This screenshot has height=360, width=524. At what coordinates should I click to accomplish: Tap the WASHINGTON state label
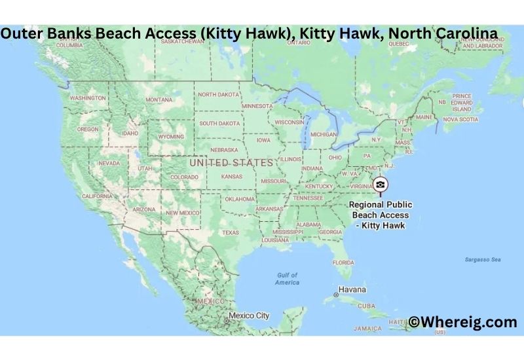click(x=87, y=98)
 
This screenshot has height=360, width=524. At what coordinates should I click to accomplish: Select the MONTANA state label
click(x=159, y=99)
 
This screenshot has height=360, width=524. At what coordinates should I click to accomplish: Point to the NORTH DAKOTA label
click(x=218, y=94)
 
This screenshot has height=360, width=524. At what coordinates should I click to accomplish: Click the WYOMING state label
click(x=170, y=137)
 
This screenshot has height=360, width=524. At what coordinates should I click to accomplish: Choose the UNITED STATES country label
click(x=231, y=162)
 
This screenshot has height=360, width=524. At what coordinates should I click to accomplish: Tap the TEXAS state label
click(x=231, y=232)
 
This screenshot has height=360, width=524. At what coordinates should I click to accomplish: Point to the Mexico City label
click(x=248, y=315)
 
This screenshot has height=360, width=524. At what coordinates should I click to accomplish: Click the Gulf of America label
click(x=287, y=279)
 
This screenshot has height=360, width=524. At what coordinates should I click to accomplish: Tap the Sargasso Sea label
click(x=483, y=260)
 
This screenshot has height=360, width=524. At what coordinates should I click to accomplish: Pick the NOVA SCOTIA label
click(x=460, y=119)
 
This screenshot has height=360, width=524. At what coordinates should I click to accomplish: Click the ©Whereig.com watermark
click(x=463, y=321)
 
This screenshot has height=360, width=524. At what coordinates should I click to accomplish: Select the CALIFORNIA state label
click(x=97, y=196)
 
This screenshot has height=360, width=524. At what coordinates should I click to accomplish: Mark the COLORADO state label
click(x=184, y=177)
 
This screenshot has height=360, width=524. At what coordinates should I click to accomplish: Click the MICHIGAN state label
click(x=323, y=134)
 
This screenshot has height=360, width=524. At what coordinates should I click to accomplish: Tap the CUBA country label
click(x=366, y=306)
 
